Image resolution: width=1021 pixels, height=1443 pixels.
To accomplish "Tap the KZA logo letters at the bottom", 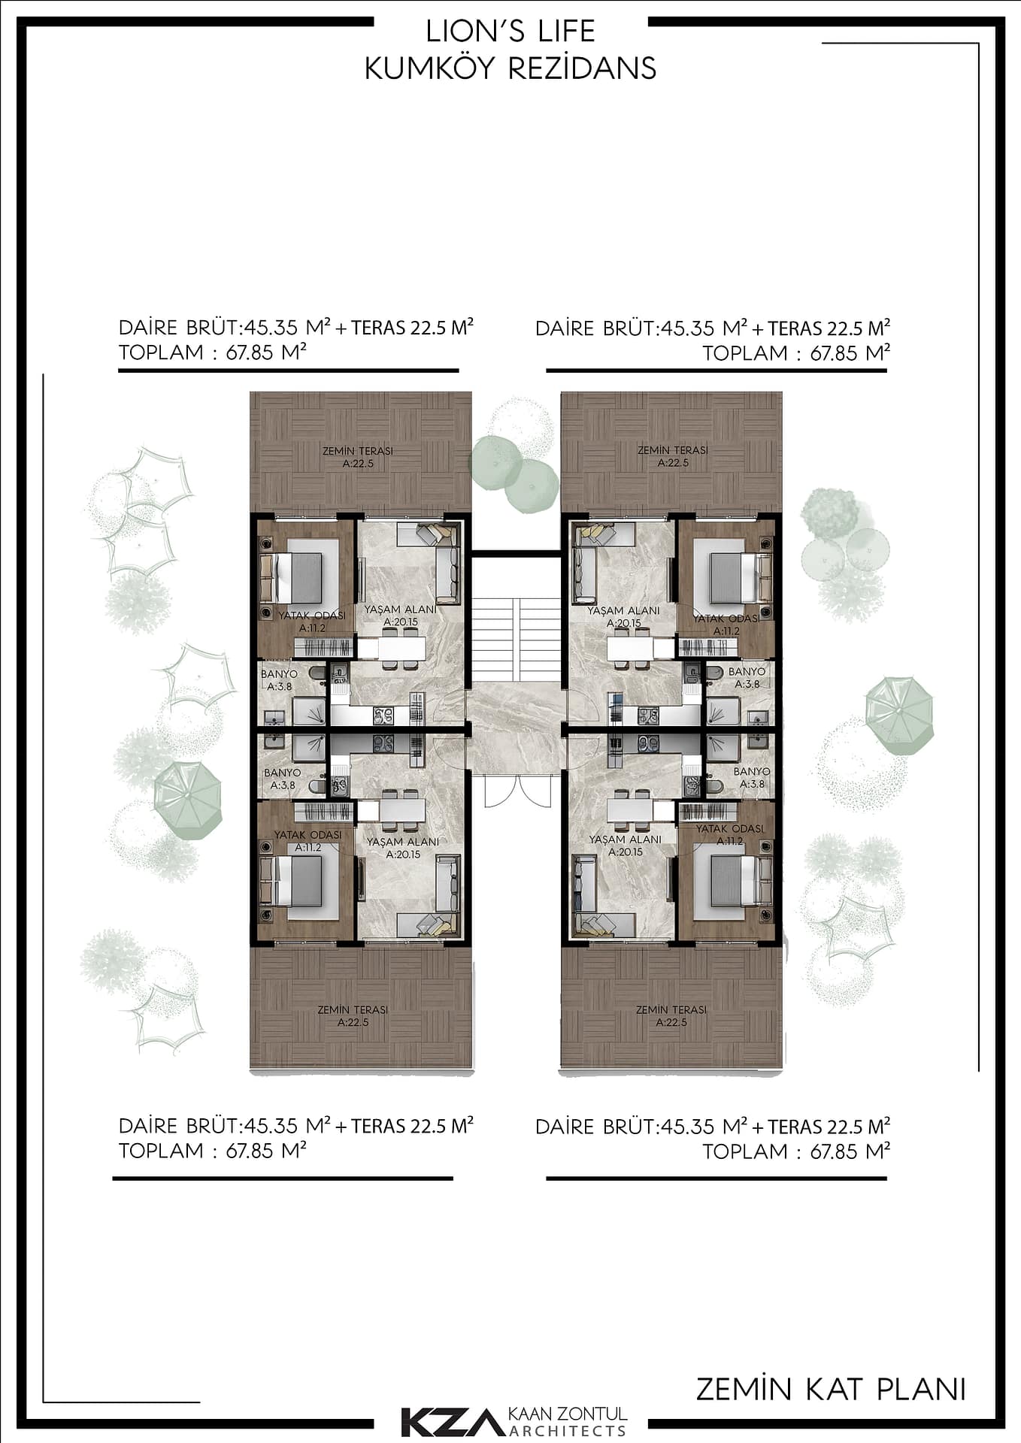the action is (x=449, y=1421).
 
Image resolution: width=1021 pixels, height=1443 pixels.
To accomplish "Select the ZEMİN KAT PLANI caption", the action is (x=831, y=1390).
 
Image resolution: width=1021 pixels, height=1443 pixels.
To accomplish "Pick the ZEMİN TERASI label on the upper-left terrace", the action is (x=358, y=457).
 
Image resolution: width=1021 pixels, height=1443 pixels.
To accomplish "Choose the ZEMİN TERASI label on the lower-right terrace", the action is (x=671, y=1016).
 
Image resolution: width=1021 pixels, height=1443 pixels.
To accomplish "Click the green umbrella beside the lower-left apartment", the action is (x=188, y=800).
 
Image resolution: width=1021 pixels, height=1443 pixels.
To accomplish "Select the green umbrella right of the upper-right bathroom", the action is (x=899, y=715).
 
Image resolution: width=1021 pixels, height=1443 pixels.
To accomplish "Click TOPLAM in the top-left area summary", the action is (x=161, y=352).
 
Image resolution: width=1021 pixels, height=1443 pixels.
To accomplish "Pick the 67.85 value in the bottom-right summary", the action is (x=835, y=1151).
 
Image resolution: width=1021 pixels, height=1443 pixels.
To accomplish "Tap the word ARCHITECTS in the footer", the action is (x=568, y=1430).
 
